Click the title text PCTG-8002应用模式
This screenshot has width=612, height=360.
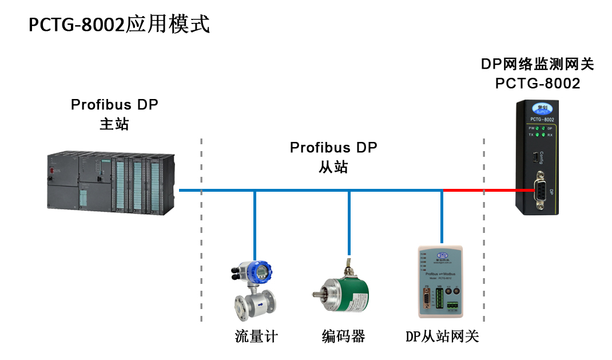120,25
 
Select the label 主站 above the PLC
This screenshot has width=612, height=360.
114,124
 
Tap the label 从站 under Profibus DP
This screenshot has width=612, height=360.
333,167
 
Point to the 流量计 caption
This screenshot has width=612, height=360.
256,336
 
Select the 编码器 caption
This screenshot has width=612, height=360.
343,336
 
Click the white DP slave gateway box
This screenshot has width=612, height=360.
441,283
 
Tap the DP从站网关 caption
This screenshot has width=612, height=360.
442,336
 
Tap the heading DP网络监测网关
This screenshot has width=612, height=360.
537,64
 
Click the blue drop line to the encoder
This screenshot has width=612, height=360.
349,223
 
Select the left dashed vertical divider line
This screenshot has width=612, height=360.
201,229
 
